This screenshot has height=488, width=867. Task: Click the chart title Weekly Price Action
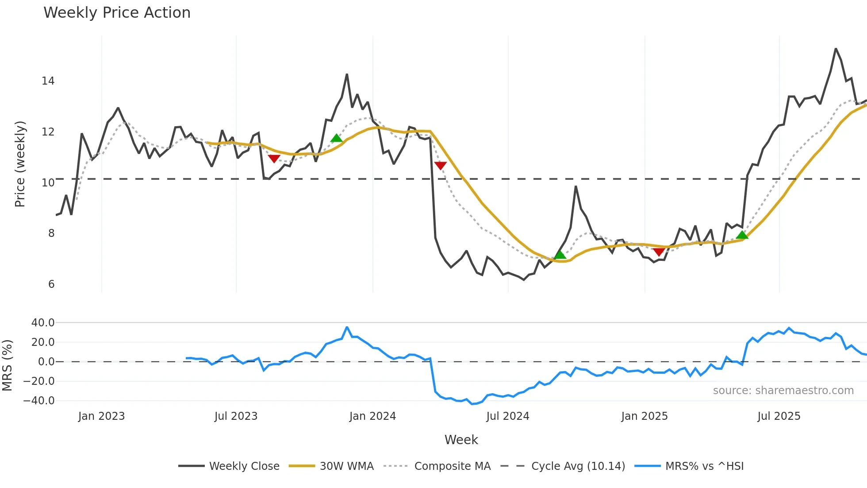pyautogui.click(x=117, y=13)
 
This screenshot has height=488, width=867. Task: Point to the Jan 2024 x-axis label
pyautogui.click(x=372, y=416)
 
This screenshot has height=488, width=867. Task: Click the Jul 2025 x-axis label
pyautogui.click(x=779, y=416)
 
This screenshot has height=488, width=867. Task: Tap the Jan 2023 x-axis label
pyautogui.click(x=101, y=416)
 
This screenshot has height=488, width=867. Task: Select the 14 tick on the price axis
pyautogui.click(x=48, y=81)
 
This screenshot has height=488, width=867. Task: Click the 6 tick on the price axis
pyautogui.click(x=51, y=284)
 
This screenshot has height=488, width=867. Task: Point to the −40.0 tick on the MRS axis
pyautogui.click(x=38, y=401)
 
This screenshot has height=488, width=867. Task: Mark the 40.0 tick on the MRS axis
pyautogui.click(x=42, y=323)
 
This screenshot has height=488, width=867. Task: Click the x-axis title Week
pyautogui.click(x=461, y=440)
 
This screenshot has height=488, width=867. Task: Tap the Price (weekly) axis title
pyautogui.click(x=20, y=164)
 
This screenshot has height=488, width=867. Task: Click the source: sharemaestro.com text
pyautogui.click(x=783, y=391)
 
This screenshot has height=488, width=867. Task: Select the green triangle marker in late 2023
pyautogui.click(x=336, y=138)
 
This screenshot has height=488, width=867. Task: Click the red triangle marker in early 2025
pyautogui.click(x=659, y=252)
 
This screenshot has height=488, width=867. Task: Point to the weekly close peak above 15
pyautogui.click(x=836, y=49)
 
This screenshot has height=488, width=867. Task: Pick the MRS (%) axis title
pyautogui.click(x=8, y=365)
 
